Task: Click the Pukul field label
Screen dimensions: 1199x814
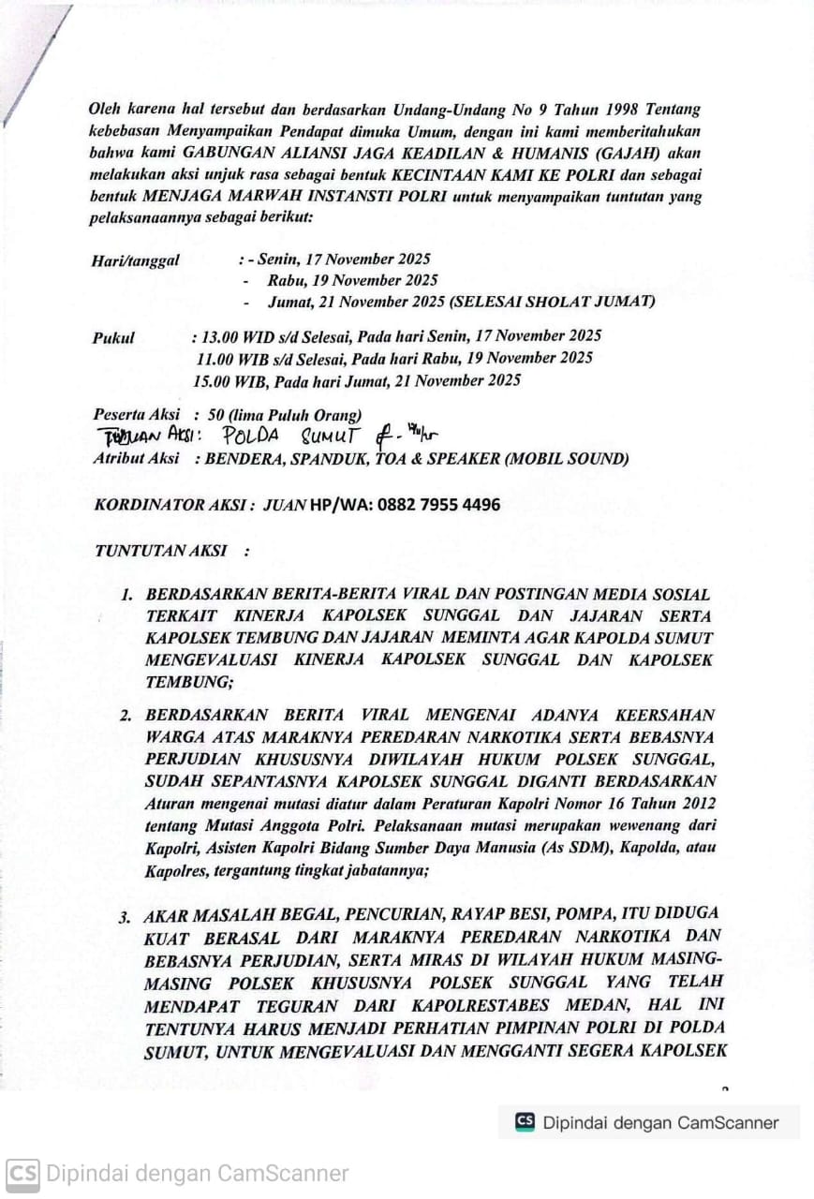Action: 113,337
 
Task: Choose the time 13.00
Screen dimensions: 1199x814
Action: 220,335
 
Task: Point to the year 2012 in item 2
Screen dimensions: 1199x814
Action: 691,805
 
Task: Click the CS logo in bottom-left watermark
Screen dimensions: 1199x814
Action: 22,1174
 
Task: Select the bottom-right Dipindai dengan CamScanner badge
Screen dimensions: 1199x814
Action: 648,1122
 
